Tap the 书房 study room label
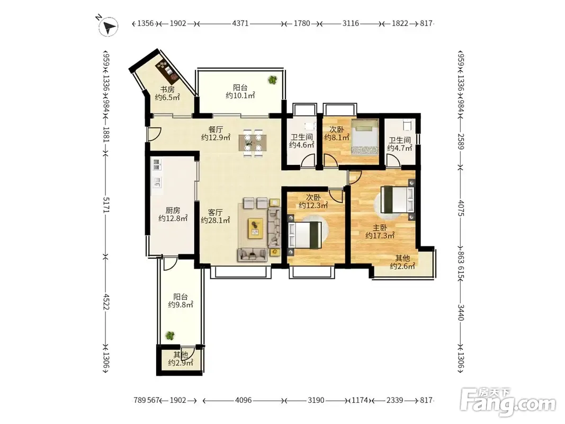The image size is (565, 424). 167,90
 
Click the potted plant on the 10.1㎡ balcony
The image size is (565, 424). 272,79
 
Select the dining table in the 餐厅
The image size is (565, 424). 253,143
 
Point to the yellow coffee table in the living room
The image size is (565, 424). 255,228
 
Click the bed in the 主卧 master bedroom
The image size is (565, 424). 398,199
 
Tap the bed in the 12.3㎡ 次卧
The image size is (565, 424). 304,235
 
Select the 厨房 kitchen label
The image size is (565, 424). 173,210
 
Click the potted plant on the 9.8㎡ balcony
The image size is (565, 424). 170,335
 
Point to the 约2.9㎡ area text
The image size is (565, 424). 181,363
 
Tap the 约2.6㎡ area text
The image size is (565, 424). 402,266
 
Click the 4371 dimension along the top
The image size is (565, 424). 240,23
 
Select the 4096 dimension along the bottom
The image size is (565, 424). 243,400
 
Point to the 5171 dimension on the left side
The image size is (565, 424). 106,205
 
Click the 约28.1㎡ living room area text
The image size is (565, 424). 215,220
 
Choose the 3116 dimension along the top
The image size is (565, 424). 351,23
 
